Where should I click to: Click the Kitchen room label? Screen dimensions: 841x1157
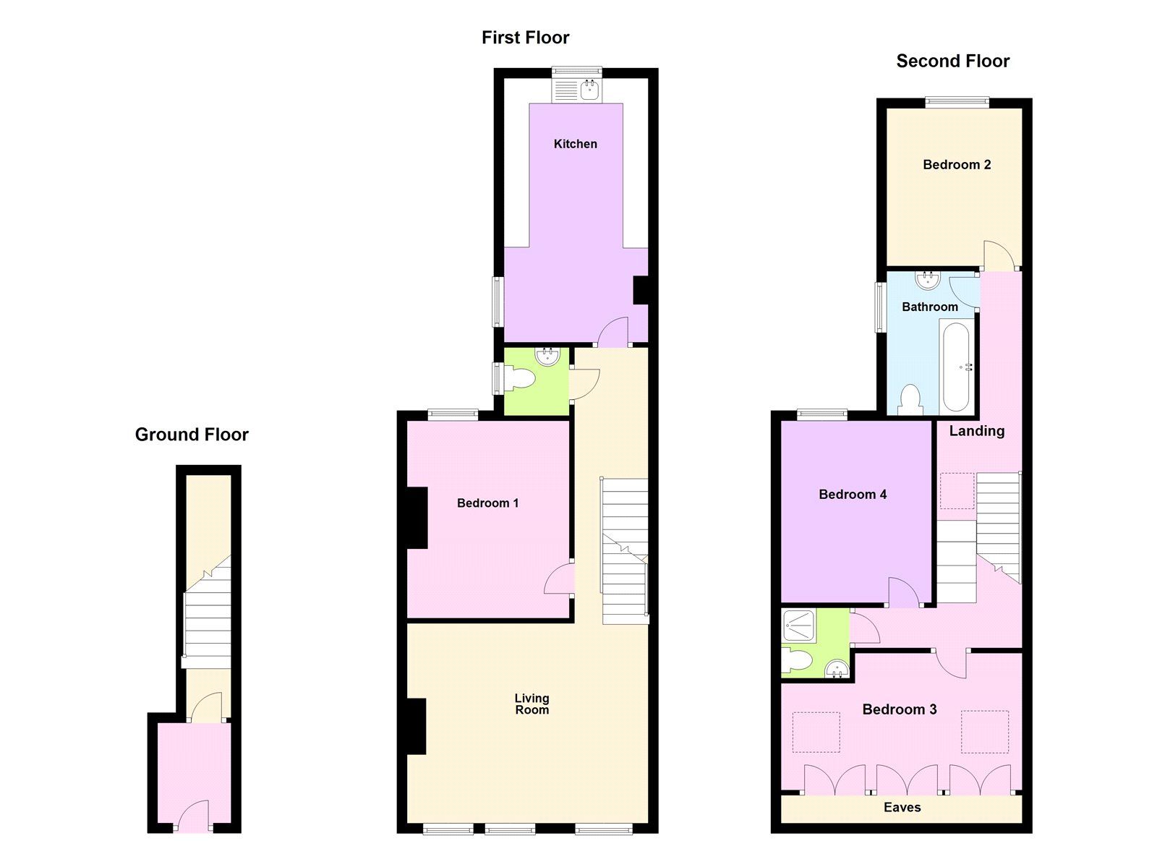pyautogui.click(x=575, y=144)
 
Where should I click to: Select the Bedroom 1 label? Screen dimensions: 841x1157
pyautogui.click(x=487, y=503)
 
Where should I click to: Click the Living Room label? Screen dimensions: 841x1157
pyautogui.click(x=531, y=704)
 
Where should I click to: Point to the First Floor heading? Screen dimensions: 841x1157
pyautogui.click(x=525, y=38)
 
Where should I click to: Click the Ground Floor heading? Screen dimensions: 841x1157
pyautogui.click(x=192, y=435)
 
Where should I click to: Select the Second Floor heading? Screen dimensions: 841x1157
pyautogui.click(x=952, y=61)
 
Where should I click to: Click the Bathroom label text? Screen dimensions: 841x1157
pyautogui.click(x=929, y=307)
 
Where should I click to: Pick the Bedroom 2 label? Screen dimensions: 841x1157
pyautogui.click(x=956, y=165)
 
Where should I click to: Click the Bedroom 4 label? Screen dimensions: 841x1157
pyautogui.click(x=852, y=495)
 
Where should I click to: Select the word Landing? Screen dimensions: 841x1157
pyautogui.click(x=976, y=431)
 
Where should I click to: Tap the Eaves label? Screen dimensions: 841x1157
pyautogui.click(x=902, y=807)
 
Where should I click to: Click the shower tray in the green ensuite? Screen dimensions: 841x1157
pyautogui.click(x=799, y=626)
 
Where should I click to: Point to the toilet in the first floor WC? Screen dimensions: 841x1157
pyautogui.click(x=518, y=378)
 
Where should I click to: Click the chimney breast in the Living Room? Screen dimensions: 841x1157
pyautogui.click(x=417, y=727)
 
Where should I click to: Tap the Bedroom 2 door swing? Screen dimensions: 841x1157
pyautogui.click(x=999, y=255)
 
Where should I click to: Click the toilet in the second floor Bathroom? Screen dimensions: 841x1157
pyautogui.click(x=910, y=400)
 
